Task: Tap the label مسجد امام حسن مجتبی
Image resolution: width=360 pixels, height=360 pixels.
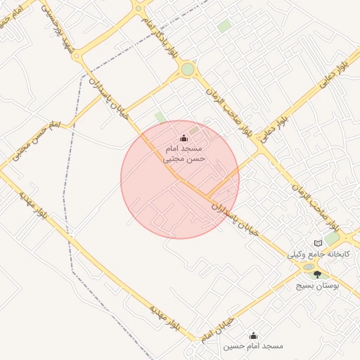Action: point(184,155)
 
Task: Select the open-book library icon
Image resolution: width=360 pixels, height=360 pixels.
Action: point(317,243)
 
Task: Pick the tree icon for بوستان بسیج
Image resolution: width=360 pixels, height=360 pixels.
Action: point(317,275)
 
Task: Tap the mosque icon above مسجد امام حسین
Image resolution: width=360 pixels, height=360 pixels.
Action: point(253,335)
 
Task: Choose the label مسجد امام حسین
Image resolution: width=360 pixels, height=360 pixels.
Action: point(253,347)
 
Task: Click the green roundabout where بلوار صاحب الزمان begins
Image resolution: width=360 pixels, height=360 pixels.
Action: point(187,69)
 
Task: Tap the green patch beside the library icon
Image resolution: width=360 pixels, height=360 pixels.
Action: point(331,239)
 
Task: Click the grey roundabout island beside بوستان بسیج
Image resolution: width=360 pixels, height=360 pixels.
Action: point(307,268)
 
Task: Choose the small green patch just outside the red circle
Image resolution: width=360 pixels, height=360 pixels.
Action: point(160,117)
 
